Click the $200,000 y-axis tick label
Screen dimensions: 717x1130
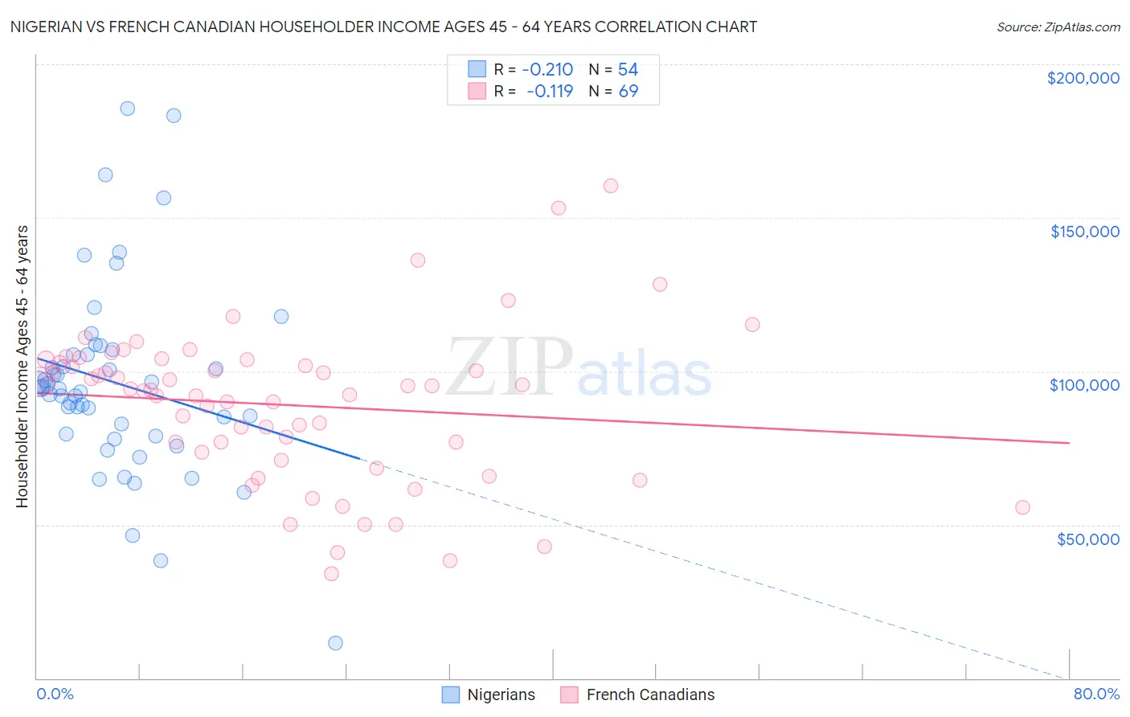(1083, 78)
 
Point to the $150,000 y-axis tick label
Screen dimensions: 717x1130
(1084, 231)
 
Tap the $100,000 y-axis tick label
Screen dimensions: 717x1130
(1084, 385)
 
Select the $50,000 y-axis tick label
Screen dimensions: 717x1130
(1087, 539)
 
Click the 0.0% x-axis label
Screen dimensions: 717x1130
(55, 694)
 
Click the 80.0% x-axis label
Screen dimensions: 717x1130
(1096, 694)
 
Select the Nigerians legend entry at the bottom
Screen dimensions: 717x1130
(489, 694)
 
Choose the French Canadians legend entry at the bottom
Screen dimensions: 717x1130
(637, 694)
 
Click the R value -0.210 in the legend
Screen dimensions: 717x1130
(547, 70)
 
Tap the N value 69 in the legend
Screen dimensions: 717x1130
(628, 92)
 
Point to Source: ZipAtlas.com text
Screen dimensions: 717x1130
(1058, 27)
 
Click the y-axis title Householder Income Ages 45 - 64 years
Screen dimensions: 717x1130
(23, 367)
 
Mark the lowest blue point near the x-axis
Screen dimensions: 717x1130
(335, 643)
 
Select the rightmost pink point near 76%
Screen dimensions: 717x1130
(1022, 507)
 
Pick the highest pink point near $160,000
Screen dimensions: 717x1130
(610, 186)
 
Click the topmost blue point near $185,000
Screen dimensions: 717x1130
(127, 109)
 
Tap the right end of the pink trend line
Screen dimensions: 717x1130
(1069, 443)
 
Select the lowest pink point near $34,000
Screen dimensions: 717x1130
(331, 574)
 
